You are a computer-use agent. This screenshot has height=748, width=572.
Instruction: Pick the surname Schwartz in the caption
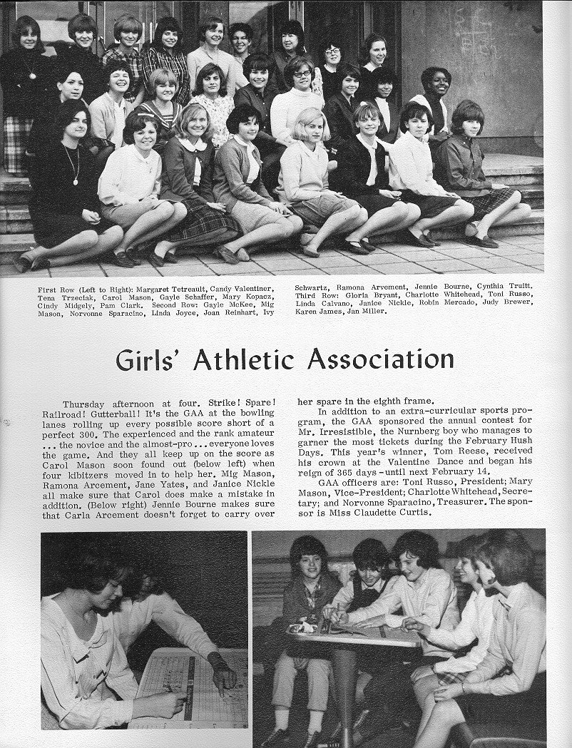tap(312, 287)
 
